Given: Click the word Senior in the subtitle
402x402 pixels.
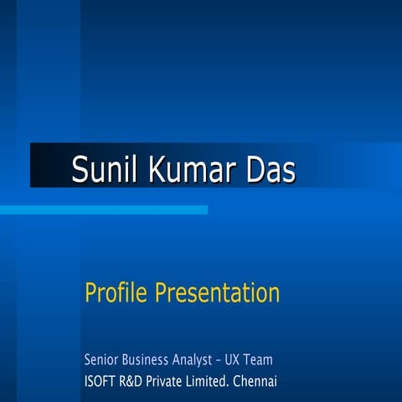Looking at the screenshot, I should coord(101,360).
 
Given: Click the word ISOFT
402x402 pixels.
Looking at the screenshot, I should coord(100,381).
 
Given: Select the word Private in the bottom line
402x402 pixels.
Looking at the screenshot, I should coord(173,381).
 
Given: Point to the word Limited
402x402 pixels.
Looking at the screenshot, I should coord(217,381).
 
